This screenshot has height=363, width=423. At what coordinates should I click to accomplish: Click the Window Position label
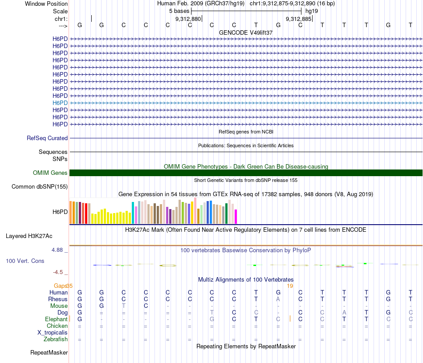point(46,4)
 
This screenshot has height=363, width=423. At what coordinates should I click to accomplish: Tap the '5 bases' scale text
point(179,11)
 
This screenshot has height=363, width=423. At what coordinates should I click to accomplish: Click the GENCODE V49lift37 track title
point(246,33)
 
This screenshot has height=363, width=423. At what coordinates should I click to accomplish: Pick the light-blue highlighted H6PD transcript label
point(60,103)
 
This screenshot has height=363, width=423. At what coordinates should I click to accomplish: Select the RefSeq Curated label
point(47,138)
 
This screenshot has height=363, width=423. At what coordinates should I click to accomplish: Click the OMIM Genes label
point(50,173)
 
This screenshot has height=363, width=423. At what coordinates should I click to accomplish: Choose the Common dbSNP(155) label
point(39,187)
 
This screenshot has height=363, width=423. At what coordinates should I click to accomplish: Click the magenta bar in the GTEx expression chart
point(236,216)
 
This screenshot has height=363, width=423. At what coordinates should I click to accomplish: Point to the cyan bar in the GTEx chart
point(133,213)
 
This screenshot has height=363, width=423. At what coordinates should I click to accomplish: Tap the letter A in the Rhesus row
point(278,299)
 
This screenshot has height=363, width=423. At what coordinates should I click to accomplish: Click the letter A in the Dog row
point(344,312)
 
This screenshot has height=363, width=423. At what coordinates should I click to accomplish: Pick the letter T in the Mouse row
point(124,306)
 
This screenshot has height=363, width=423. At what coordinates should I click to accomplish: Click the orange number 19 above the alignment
point(290,286)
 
